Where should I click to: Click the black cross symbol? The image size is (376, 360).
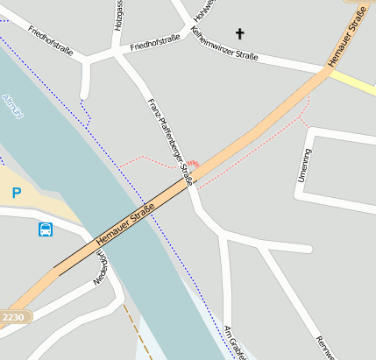click(x=239, y=34)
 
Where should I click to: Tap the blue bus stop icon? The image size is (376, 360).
click(x=45, y=229)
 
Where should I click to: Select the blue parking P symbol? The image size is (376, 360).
click(x=16, y=193)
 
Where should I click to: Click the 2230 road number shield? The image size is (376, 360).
click(x=13, y=316)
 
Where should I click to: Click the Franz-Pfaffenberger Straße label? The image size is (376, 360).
click(x=169, y=141)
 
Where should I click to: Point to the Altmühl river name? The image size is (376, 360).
click(x=12, y=106)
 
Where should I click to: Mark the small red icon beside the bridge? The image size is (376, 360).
click(x=193, y=164)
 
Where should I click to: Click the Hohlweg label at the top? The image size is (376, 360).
click(x=204, y=11)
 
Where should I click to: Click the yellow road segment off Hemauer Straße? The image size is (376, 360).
click(x=353, y=84)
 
